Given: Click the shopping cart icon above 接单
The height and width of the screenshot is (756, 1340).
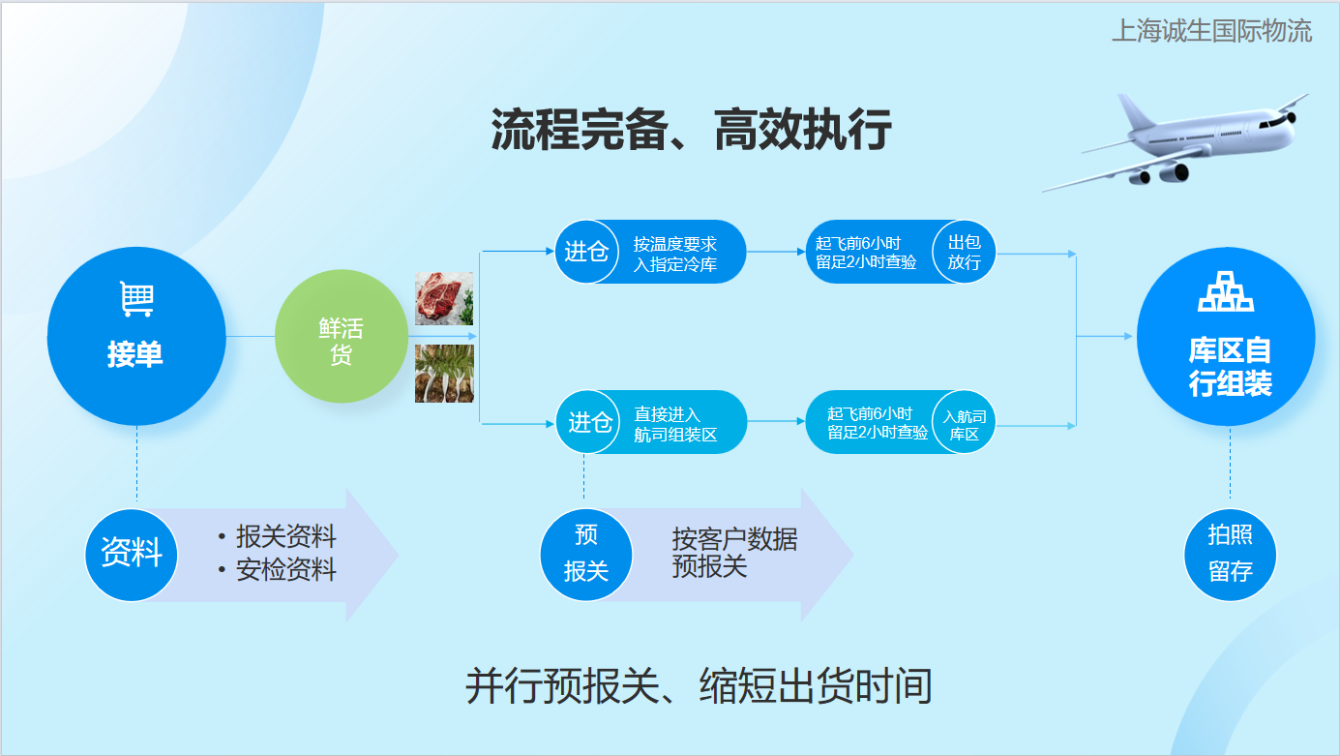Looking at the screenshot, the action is tap(137, 299).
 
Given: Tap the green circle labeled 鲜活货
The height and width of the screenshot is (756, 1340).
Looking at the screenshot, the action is tap(341, 336).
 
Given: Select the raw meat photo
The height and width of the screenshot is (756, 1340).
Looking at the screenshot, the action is tap(444, 299).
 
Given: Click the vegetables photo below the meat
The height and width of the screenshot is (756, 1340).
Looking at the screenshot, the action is tap(444, 374).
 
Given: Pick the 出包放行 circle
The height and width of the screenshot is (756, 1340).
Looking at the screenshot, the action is tap(964, 252).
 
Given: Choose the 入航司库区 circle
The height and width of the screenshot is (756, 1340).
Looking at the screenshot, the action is tap(964, 423).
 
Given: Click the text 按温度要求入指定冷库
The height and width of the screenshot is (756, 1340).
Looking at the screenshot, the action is tap(674, 254).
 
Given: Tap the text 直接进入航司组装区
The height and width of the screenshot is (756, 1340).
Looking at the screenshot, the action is tap(675, 424).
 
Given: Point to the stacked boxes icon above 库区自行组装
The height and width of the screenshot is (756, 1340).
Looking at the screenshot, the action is tap(1226, 291).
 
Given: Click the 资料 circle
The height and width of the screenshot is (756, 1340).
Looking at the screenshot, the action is tap(132, 555).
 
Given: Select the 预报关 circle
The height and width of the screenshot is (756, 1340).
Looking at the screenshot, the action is tap(586, 555).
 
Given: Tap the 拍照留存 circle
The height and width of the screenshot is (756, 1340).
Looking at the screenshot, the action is tap(1230, 555).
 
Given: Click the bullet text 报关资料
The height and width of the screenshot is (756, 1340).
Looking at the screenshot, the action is tap(286, 536).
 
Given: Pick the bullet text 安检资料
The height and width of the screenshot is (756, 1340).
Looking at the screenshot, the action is tap(286, 569).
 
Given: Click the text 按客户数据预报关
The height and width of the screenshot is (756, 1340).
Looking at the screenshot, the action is tap(734, 553).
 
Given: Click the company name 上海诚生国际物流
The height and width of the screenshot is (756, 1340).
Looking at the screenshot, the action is tap(1212, 31).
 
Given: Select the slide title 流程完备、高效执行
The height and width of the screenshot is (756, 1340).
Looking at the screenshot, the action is tap(691, 130).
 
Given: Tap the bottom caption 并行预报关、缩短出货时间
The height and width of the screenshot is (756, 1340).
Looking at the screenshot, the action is tap(699, 685).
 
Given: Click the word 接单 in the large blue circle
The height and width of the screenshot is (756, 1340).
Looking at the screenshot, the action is tap(135, 353).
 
